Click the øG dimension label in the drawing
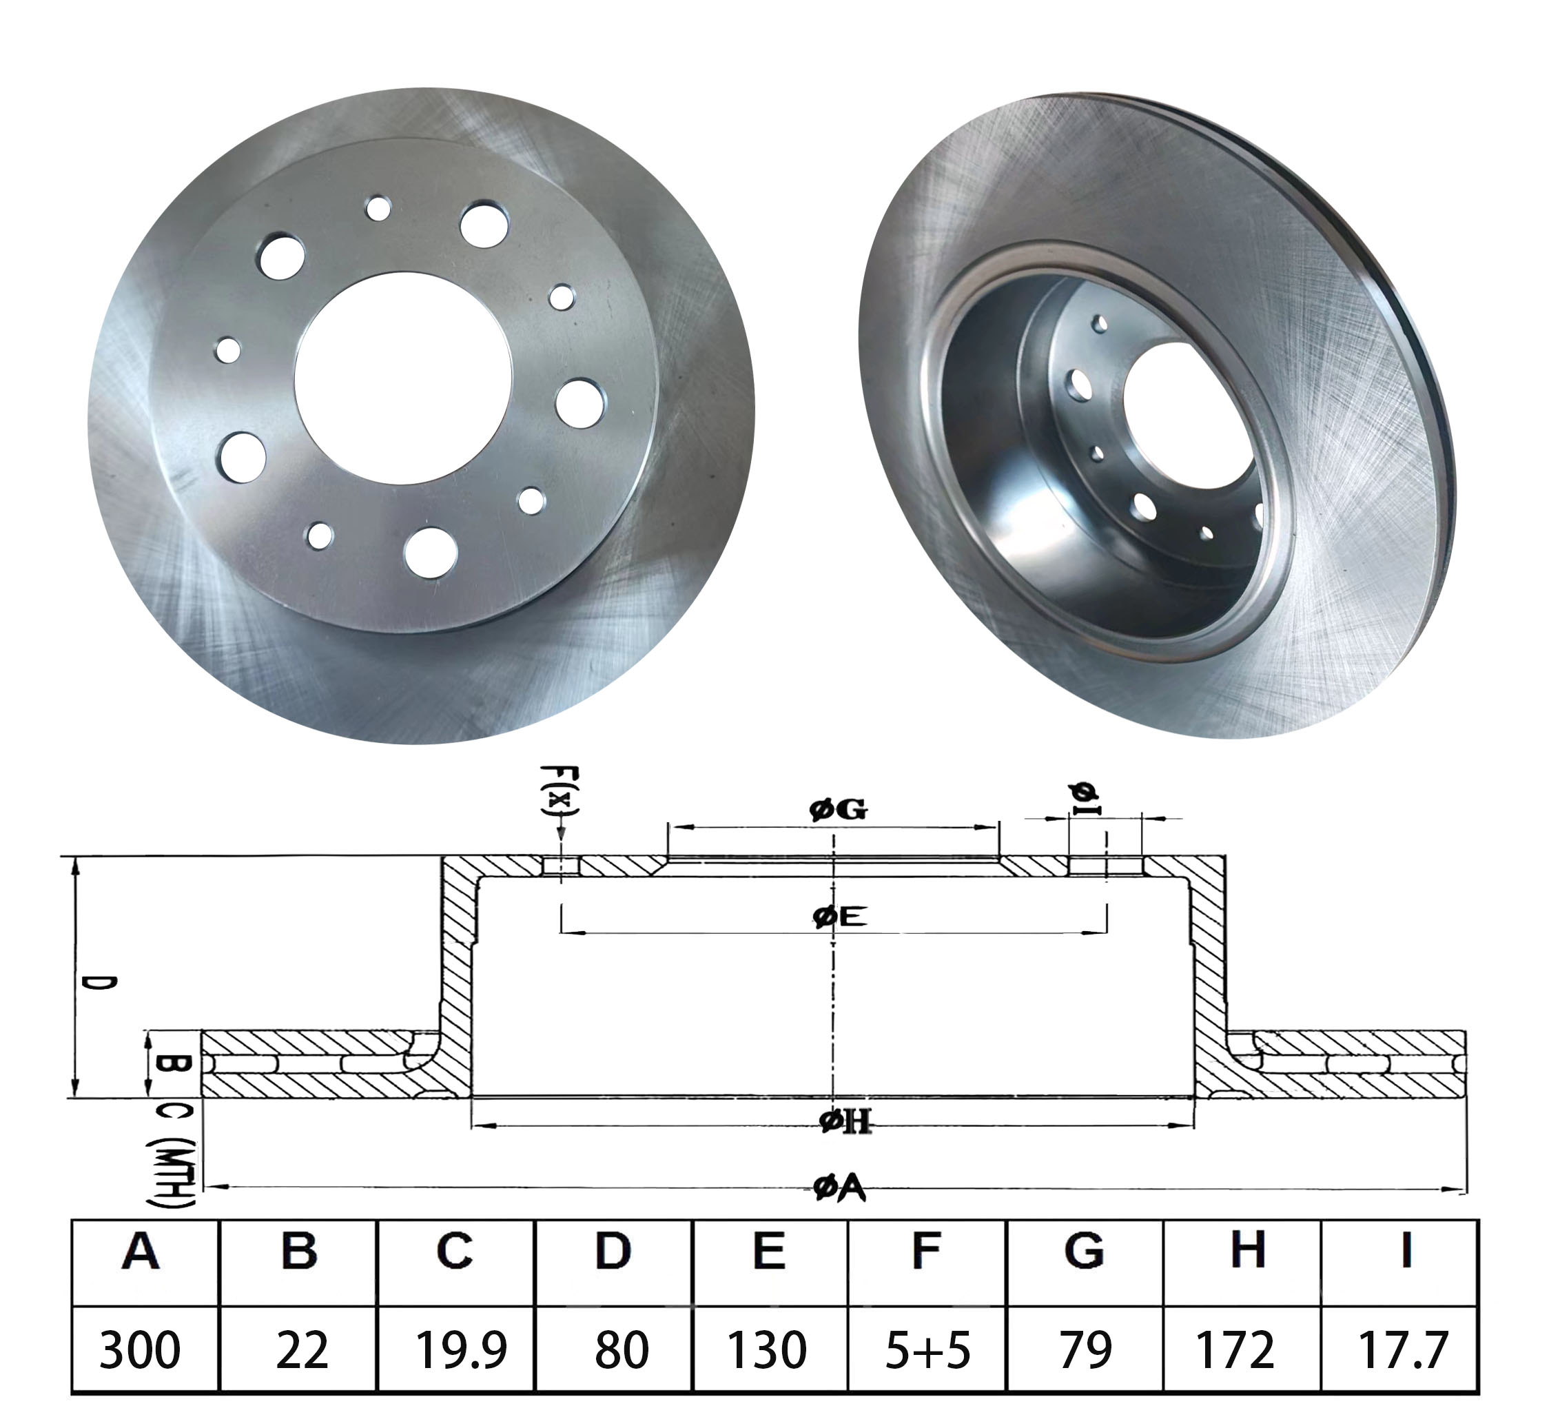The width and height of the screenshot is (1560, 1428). (x=838, y=810)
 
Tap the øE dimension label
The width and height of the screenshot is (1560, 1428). (x=839, y=917)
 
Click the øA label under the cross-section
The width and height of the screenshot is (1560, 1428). (x=839, y=1188)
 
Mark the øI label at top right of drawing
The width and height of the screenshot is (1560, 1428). (x=1086, y=799)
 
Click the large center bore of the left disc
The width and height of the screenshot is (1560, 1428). (x=403, y=379)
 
